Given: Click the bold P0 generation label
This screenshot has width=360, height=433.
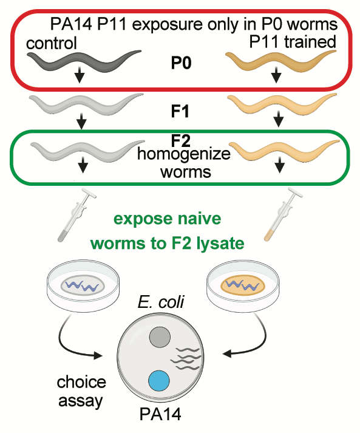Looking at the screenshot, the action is point(181,63).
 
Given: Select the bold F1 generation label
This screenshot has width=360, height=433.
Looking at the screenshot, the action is point(180,112).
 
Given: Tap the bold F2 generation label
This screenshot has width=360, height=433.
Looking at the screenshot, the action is point(181,140).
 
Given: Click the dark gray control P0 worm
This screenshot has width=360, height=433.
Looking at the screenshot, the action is point(84,61).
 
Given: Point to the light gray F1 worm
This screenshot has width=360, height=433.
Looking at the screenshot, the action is point(86,104).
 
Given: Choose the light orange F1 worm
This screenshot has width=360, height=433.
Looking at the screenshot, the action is point(282,104).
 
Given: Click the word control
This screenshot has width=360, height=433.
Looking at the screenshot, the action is point(52,44).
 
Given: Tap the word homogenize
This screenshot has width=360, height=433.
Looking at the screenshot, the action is point(184,154).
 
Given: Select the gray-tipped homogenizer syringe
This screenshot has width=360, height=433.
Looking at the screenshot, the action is point(76,216).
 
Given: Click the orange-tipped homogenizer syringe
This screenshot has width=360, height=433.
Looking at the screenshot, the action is point(283,214).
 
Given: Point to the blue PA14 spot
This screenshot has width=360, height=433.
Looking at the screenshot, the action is point(158,381).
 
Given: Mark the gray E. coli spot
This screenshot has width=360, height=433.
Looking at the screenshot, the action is point(160,337).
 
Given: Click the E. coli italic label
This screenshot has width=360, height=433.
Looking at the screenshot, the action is point(161,302).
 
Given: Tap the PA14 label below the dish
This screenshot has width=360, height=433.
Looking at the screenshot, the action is point(160,414).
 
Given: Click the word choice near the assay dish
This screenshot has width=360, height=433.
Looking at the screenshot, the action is point(81,383).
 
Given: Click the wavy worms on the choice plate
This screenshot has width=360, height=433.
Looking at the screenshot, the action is point(186,359).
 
